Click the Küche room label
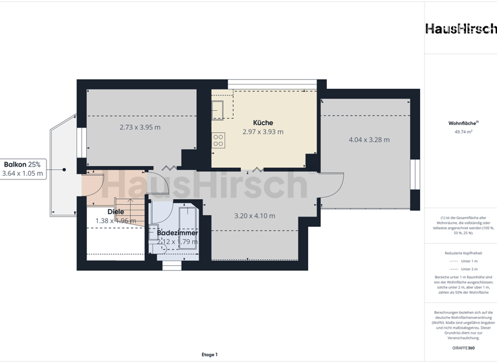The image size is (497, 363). click(263, 123)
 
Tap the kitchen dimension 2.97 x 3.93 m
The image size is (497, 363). click(263, 132)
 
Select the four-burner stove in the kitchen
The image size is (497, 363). click(218, 138)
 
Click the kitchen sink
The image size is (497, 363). click(217, 108)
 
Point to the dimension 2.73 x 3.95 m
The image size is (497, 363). click(140, 127)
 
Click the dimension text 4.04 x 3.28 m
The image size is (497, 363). click(369, 139)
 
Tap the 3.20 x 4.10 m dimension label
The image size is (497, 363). click(254, 216)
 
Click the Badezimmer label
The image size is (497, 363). click(177, 233)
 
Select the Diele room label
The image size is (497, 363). click(116, 211)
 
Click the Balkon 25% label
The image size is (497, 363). click(22, 164)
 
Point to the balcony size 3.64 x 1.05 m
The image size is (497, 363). click(22, 173)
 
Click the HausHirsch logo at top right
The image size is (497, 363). click(461, 29)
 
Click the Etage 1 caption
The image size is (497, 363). click(209, 355)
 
